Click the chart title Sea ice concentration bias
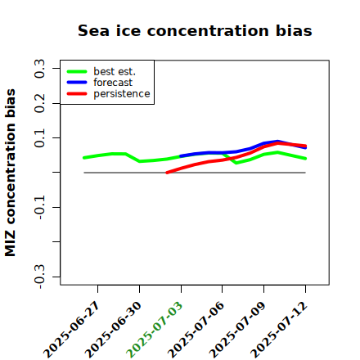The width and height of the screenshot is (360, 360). (x=195, y=30)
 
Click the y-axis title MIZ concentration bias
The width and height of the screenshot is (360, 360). (x=11, y=173)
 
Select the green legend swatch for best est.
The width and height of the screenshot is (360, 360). (x=77, y=71)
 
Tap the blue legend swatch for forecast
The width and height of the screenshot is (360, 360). (x=77, y=83)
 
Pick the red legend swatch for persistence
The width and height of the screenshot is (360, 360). (x=77, y=93)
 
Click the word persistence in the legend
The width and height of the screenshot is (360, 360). (x=122, y=94)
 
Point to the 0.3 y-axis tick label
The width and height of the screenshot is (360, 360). (x=39, y=69)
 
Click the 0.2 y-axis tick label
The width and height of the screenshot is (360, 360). (x=39, y=103)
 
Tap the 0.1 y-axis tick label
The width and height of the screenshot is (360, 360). (x=39, y=138)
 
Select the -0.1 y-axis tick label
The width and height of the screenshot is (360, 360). (x=39, y=208)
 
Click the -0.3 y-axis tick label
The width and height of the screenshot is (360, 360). (x=39, y=277)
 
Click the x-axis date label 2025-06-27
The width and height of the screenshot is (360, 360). (x=71, y=330)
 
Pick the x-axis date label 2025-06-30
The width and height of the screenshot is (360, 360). (x=113, y=330)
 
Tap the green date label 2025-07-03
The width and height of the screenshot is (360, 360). (x=155, y=330)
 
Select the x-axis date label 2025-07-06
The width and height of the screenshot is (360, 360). (x=196, y=330)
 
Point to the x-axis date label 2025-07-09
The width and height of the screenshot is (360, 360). (x=237, y=330)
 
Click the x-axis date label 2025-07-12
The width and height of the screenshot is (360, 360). (x=279, y=330)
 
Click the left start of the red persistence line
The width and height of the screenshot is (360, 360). (x=167, y=173)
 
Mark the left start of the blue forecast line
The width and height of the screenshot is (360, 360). (x=181, y=156)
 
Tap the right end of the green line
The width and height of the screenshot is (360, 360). (x=305, y=159)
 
